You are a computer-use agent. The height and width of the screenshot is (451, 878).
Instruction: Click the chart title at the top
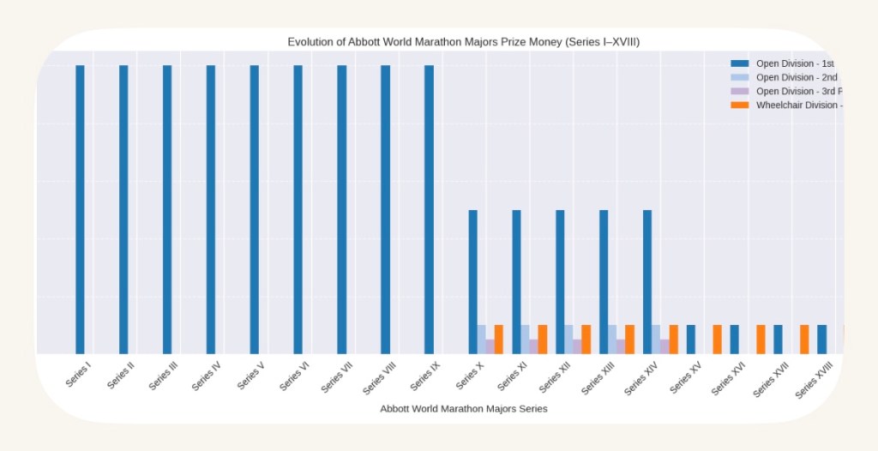tap(463, 42)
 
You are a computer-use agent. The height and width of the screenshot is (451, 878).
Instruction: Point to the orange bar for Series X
tap(499, 339)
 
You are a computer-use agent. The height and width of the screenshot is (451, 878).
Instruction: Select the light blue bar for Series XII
tap(568, 339)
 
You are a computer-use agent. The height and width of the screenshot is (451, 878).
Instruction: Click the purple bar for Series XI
tap(533, 346)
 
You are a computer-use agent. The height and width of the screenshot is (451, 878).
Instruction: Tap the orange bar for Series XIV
tap(673, 339)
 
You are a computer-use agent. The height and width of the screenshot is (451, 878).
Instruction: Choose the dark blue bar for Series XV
tap(690, 339)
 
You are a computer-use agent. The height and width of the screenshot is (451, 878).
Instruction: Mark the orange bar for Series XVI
tap(761, 339)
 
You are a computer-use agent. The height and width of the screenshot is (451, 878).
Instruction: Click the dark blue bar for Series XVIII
tap(821, 339)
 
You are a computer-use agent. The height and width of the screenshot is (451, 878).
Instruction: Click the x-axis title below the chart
tap(463, 409)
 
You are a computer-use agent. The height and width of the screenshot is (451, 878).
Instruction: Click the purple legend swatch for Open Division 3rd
tap(740, 91)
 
